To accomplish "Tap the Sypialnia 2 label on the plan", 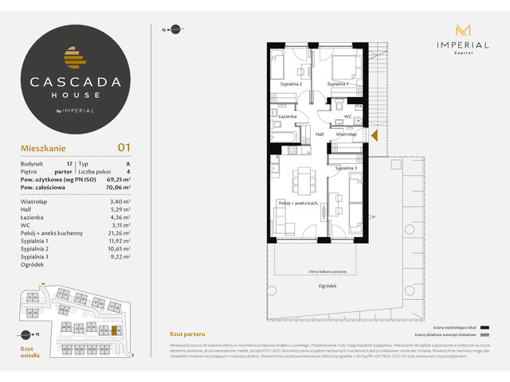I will [x=291, y=84].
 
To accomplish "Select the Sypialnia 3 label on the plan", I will [x=345, y=168].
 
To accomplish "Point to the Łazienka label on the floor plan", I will [x=288, y=117].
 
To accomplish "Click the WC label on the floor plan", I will [x=347, y=117].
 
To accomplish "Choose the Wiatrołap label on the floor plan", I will [x=346, y=134].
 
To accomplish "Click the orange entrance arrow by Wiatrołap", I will [x=374, y=134].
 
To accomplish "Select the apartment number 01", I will [x=124, y=146].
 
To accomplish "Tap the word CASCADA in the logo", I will [x=76, y=80].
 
